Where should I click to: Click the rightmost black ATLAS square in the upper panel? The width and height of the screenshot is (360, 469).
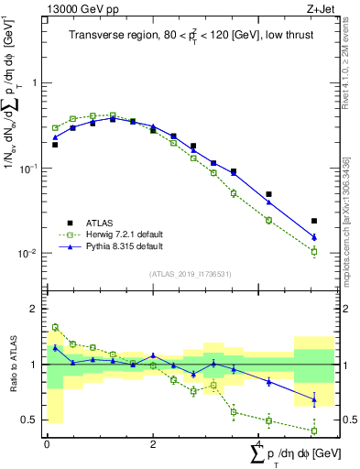coord(314,221)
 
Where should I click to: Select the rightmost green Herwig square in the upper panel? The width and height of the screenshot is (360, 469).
coord(314,251)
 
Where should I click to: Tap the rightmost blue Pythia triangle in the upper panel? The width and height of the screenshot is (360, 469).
coord(314,237)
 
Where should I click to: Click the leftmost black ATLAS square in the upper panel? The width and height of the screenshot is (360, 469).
coord(55,145)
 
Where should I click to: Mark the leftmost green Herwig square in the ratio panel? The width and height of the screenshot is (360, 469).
coord(55,327)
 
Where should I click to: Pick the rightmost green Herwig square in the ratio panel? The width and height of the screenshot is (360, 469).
coord(314,431)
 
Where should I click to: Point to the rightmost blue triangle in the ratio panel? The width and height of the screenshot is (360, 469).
coord(314,398)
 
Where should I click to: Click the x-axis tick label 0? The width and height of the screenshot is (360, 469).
coord(47,444)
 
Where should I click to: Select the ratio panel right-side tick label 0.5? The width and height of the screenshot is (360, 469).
coord(349,420)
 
